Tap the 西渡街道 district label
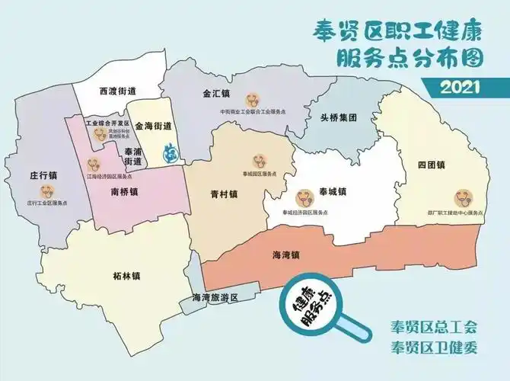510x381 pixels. pos(118,91)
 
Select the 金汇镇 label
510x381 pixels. pos(216,95)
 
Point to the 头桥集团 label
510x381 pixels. pos(338,119)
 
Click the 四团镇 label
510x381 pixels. pos(431,165)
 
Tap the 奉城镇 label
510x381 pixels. pos(333,190)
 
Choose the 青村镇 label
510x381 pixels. pos(225,194)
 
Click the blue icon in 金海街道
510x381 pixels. pos(173,152)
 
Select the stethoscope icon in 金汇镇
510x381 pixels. pos(253,99)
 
